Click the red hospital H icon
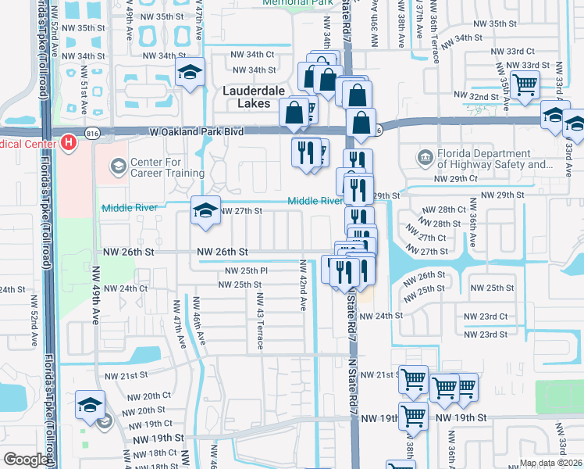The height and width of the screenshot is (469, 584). [69, 143]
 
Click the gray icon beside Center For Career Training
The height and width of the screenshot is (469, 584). [117, 165]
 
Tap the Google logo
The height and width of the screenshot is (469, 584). [26, 460]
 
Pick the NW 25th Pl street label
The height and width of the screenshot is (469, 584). [246, 270]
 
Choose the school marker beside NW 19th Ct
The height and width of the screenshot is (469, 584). [90, 406]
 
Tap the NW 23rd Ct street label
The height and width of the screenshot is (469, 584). [485, 317]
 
